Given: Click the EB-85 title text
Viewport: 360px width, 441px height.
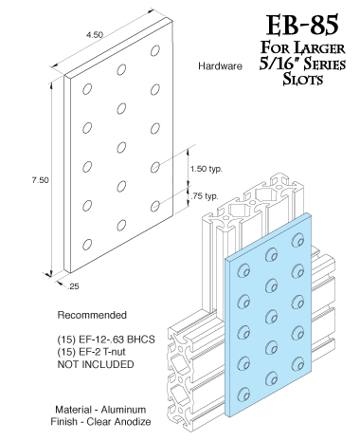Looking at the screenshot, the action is pyautogui.click(x=291, y=22).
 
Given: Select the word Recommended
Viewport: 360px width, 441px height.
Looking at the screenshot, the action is pyautogui.click(x=90, y=314).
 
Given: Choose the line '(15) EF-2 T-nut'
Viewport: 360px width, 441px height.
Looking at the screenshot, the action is pyautogui.click(x=93, y=351).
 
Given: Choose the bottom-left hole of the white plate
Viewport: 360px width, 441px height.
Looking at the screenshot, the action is pyautogui.click(x=87, y=244).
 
